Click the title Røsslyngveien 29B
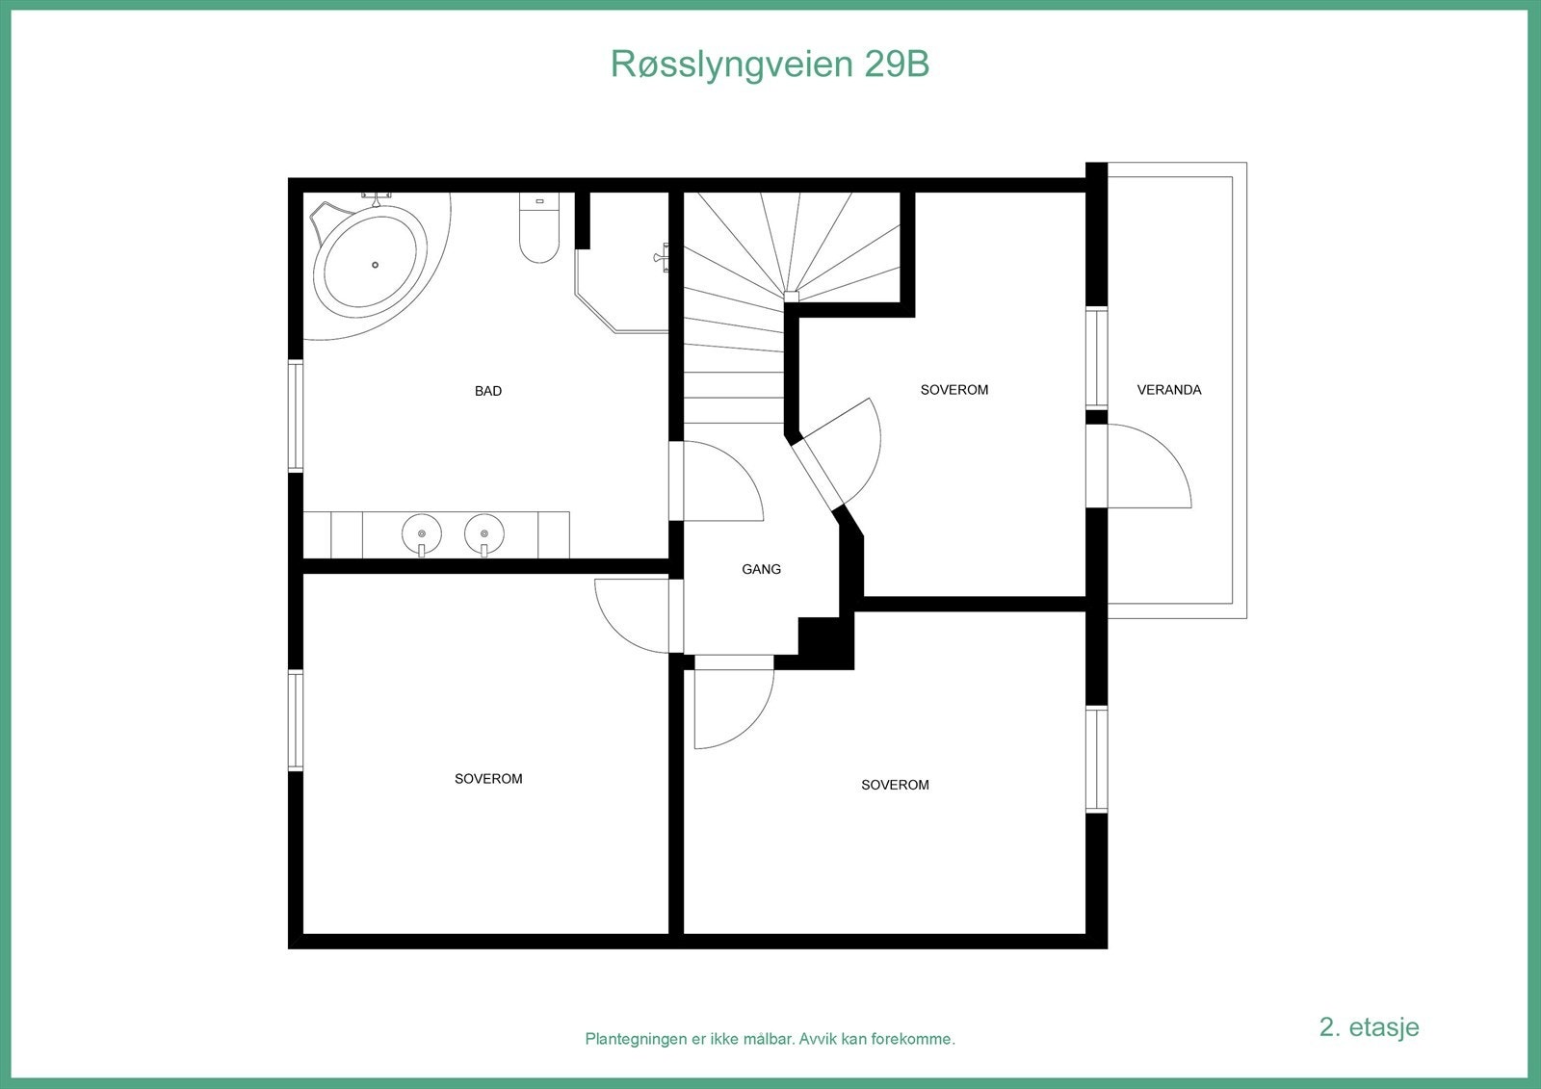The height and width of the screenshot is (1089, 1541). [770, 65]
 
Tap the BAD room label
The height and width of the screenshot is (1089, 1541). [488, 391]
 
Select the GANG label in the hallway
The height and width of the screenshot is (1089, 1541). [761, 569]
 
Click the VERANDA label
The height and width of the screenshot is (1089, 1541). [1169, 390]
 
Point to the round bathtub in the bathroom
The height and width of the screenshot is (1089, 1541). [374, 262]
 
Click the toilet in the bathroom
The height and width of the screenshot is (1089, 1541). [539, 231]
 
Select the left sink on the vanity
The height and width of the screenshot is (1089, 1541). [422, 533]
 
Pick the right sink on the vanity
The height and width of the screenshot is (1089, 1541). [484, 533]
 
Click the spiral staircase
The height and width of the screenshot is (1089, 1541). [761, 289]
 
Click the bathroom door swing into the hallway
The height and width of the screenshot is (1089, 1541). [718, 481]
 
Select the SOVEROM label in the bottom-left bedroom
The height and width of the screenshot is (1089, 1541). [488, 779]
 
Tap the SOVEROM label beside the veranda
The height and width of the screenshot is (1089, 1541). [954, 390]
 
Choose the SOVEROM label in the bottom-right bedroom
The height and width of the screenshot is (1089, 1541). [895, 785]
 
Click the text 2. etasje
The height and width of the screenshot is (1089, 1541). [1369, 1026]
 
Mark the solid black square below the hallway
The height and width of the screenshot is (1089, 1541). [825, 640]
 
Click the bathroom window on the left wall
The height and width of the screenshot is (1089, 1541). [296, 416]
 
